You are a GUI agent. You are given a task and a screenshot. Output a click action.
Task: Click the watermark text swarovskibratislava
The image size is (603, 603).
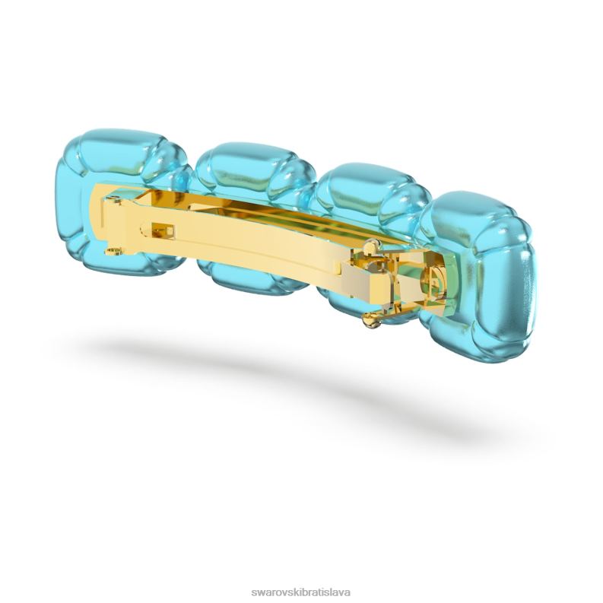click(x=300, y=592)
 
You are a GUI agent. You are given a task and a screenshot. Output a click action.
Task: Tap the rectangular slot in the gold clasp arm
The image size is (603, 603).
click(x=163, y=231)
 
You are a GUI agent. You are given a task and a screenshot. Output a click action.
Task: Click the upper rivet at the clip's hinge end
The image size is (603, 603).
click(x=112, y=198)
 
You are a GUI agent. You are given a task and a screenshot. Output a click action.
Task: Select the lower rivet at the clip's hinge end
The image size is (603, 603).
click(x=113, y=252)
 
